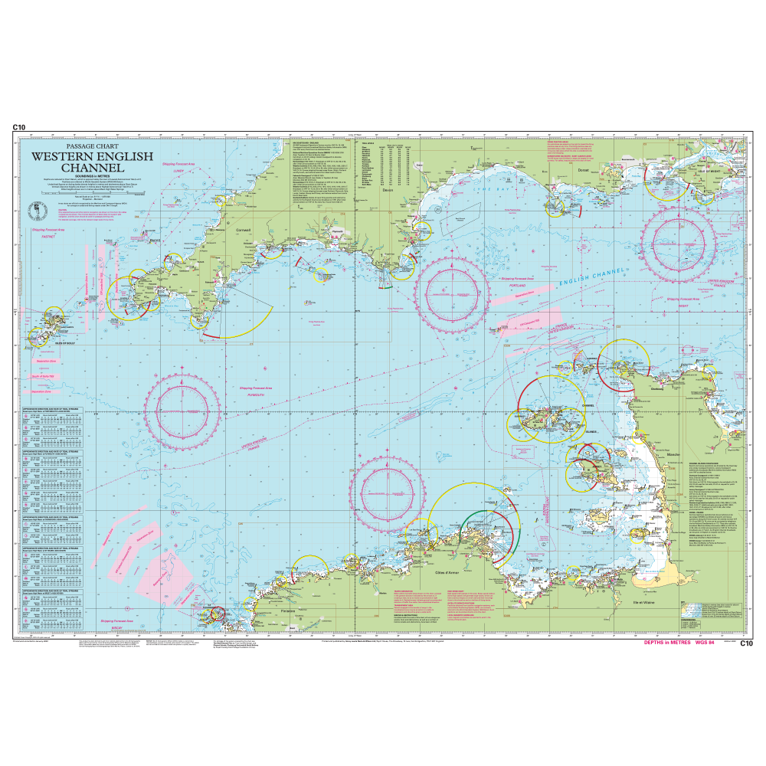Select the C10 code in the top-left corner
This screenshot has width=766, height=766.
pos(19,129)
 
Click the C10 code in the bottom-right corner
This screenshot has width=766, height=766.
pos(747,643)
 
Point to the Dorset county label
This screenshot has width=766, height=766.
pos(581,159)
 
